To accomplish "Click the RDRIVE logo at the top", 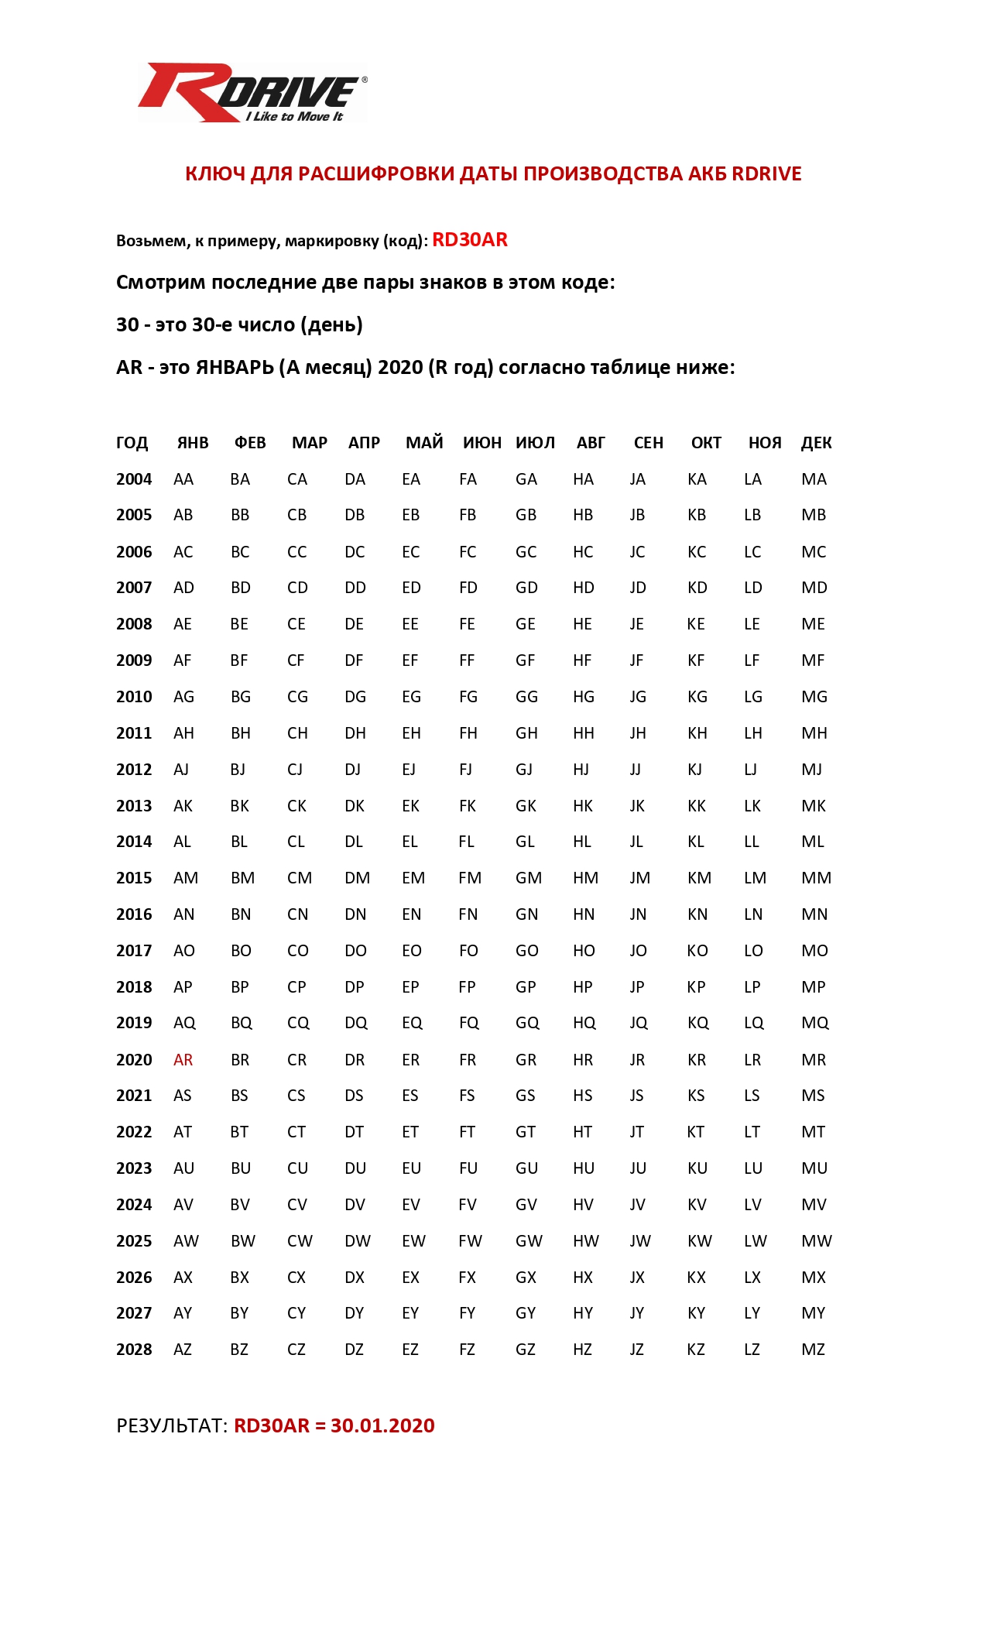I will pyautogui.click(x=252, y=93).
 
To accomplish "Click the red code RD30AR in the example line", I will pyautogui.click(x=469, y=240).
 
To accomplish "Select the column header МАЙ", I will pyautogui.click(x=424, y=443).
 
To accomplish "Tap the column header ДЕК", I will pyautogui.click(x=816, y=443).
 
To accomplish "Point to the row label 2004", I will pyautogui.click(x=134, y=479).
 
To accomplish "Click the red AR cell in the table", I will pyautogui.click(x=183, y=1060).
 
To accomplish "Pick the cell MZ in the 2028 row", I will pyautogui.click(x=813, y=1350).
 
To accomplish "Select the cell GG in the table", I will pyautogui.click(x=526, y=697).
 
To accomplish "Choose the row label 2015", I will pyautogui.click(x=134, y=878).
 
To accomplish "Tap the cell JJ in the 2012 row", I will pyautogui.click(x=636, y=770).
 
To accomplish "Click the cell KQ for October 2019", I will pyautogui.click(x=697, y=1023).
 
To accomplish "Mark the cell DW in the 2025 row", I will pyautogui.click(x=358, y=1241).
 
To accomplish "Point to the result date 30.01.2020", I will pyautogui.click(x=382, y=1426).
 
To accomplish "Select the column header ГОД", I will pyautogui.click(x=132, y=443).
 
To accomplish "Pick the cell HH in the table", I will pyautogui.click(x=584, y=733).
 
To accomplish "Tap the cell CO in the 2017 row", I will pyautogui.click(x=298, y=951).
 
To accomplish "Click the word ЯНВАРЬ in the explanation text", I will pyautogui.click(x=235, y=367).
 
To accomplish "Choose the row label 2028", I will pyautogui.click(x=134, y=1350).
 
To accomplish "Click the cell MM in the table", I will pyautogui.click(x=816, y=878).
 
